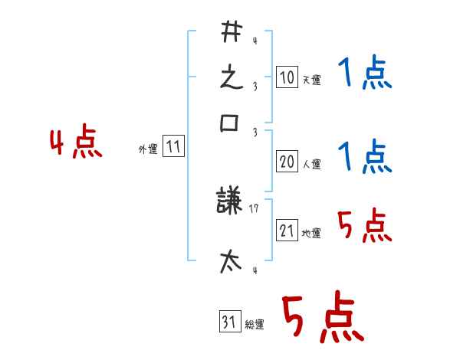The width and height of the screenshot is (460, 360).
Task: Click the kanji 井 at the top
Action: pyautogui.click(x=232, y=31)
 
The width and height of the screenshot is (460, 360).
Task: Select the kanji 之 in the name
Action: pyautogui.click(x=232, y=78)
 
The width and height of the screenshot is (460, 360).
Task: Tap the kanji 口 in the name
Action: pyautogui.click(x=229, y=123)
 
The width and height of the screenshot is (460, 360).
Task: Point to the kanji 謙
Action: pyautogui.click(x=228, y=200)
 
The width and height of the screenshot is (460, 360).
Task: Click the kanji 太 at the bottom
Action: pyautogui.click(x=231, y=261)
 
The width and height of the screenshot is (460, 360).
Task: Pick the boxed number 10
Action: pyautogui.click(x=287, y=77)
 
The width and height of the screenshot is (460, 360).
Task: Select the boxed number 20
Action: pyautogui.click(x=287, y=162)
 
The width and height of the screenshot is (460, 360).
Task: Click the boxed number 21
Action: pyautogui.click(x=287, y=230)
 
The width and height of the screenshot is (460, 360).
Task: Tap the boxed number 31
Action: pyautogui.click(x=230, y=321)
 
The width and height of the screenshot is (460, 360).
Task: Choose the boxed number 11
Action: pyautogui.click(x=173, y=146)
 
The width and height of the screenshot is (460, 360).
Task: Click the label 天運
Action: pyautogui.click(x=311, y=80)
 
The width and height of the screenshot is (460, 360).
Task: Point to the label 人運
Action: pyautogui.click(x=311, y=164)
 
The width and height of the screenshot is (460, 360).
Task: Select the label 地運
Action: pyautogui.click(x=311, y=233)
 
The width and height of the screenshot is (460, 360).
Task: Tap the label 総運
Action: pyautogui.click(x=255, y=324)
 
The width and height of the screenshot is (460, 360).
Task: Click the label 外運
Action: pyautogui.click(x=148, y=149)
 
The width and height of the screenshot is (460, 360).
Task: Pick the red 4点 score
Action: pyautogui.click(x=76, y=141)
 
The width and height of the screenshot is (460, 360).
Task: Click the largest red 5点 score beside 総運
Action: pyautogui.click(x=323, y=316)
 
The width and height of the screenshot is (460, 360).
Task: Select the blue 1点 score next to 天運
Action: pyautogui.click(x=365, y=72)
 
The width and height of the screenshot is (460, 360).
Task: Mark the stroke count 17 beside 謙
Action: pyautogui.click(x=254, y=208)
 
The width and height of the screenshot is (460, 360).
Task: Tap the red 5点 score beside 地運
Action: pyautogui.click(x=365, y=225)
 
